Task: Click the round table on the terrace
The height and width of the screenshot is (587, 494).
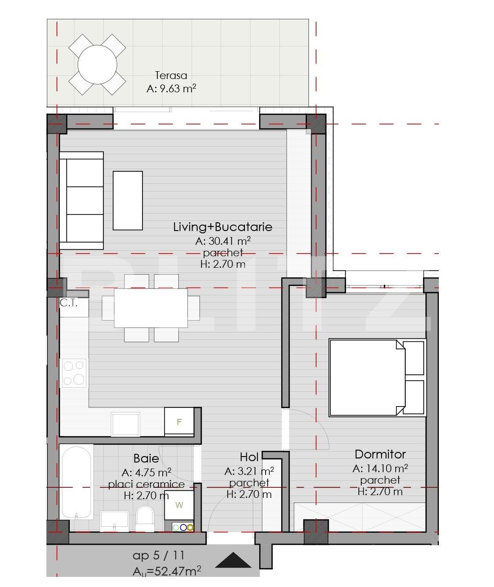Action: (x=97, y=64)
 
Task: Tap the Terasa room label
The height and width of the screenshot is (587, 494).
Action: (x=171, y=75)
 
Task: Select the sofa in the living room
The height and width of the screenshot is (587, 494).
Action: (x=81, y=200)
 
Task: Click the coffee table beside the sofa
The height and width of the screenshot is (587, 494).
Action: (x=128, y=200)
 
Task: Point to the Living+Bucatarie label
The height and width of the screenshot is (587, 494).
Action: (x=222, y=227)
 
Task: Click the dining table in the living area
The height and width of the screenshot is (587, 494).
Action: (x=151, y=308)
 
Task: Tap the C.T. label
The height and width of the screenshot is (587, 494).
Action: (x=68, y=303)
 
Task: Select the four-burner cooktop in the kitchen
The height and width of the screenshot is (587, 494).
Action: (x=74, y=373)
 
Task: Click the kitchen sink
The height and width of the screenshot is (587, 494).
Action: (x=125, y=424)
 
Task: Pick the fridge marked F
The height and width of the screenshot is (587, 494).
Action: (x=179, y=422)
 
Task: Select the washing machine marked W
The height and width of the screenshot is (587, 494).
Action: (x=179, y=505)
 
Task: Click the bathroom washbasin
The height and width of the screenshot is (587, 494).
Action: (x=114, y=521)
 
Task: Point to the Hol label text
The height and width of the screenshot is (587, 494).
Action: (x=249, y=457)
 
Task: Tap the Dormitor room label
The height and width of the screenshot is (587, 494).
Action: (x=380, y=454)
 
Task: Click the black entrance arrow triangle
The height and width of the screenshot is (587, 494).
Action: (x=233, y=561)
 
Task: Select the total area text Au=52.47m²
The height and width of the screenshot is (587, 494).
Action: (x=167, y=571)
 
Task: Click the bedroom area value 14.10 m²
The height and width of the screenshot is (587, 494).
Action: (x=380, y=468)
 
